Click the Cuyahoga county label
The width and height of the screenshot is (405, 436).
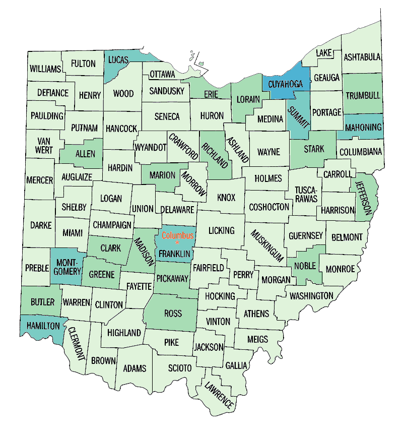tap(285, 84)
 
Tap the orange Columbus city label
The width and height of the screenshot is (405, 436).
tap(177, 235)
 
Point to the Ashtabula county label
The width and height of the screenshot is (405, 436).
tap(362, 57)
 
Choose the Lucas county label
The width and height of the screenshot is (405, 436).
tap(119, 59)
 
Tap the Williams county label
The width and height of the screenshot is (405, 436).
tap(45, 69)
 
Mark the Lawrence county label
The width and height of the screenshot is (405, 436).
tap(219, 395)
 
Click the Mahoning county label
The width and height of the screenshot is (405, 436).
tap(363, 128)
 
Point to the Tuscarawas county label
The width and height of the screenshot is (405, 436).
tap(306, 195)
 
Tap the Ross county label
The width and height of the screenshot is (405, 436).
tap(173, 314)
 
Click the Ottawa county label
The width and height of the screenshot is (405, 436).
tap(162, 75)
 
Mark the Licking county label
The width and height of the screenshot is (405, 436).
tap(222, 230)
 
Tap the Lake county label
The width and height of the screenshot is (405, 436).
tap(323, 53)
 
